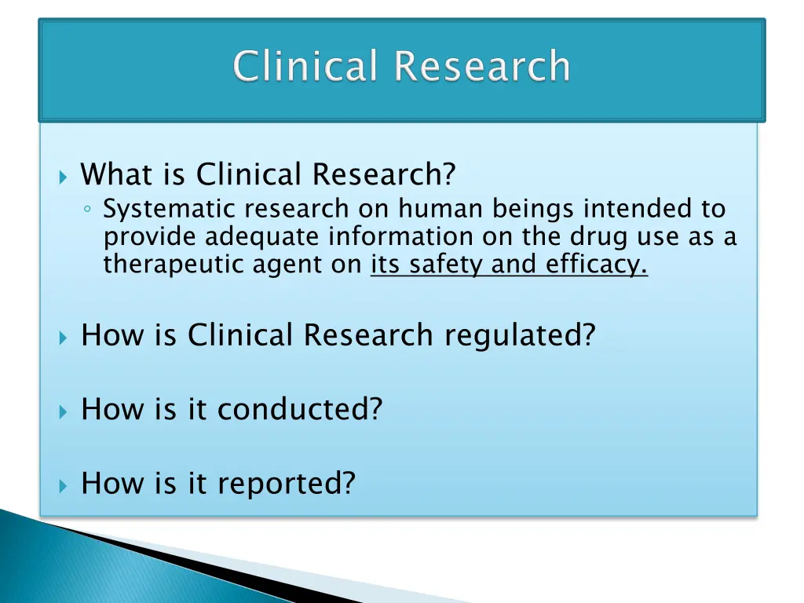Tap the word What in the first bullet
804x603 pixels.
[114, 174]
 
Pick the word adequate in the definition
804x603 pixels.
[263, 236]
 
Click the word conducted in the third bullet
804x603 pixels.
[299, 409]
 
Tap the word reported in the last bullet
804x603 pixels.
[286, 484]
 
